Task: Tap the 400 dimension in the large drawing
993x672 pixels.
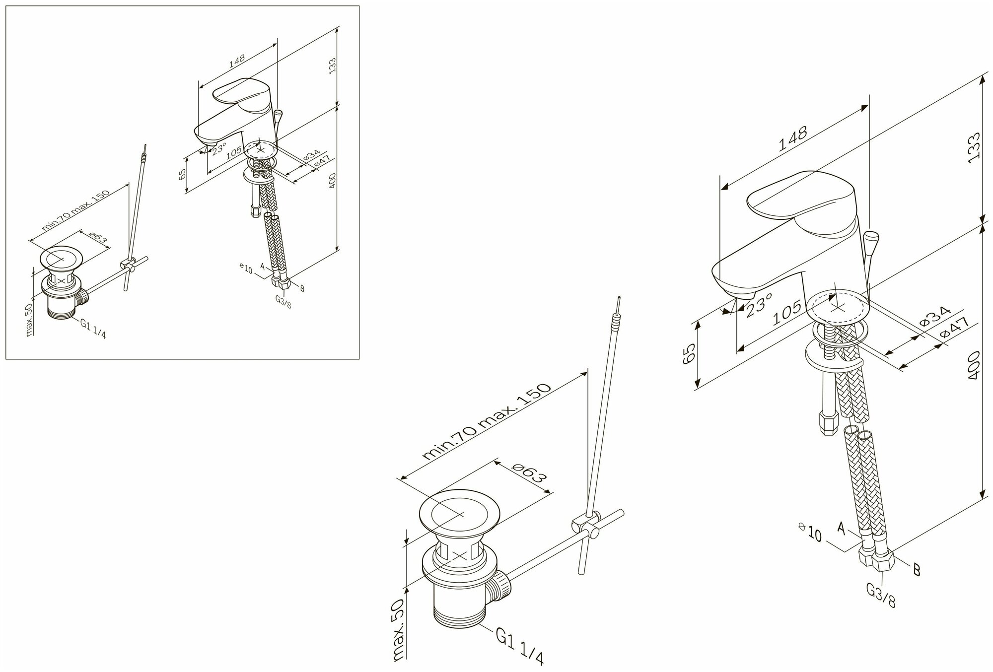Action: [973, 365]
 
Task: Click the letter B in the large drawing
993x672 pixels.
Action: [916, 570]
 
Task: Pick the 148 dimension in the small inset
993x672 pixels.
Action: [237, 61]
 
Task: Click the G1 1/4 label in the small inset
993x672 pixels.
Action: [92, 329]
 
